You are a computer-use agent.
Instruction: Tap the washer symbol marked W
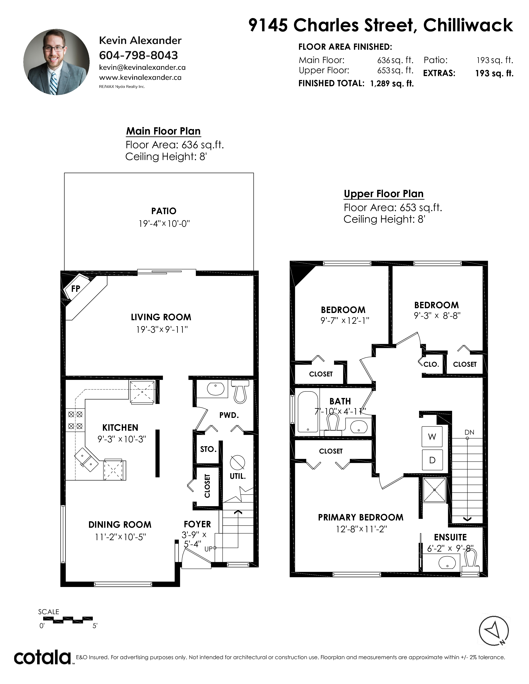(432, 437)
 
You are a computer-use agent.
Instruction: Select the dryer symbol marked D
(432, 460)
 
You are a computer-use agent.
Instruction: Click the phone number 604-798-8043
(139, 55)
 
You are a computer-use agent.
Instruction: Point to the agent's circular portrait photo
(56, 62)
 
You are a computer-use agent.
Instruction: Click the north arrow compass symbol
(494, 631)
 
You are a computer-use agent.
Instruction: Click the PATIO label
(164, 211)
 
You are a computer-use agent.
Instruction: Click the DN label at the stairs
(469, 432)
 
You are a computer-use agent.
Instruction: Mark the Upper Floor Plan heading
(384, 194)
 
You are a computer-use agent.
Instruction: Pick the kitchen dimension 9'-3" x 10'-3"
(122, 439)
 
